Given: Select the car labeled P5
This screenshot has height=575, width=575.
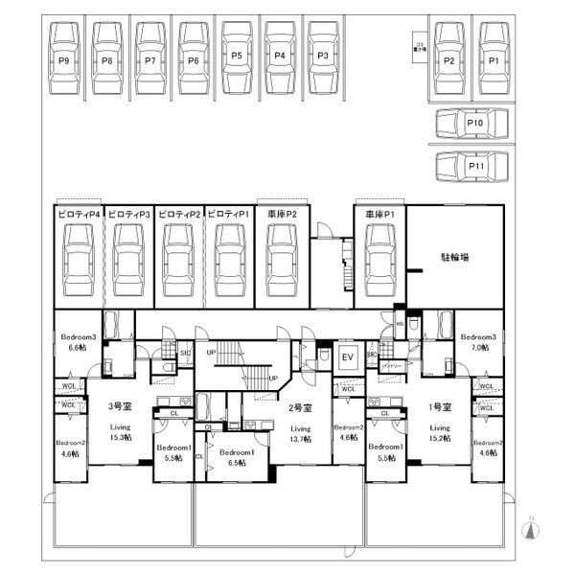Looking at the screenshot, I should tap(237, 57).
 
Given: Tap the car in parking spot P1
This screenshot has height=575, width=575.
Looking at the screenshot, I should tap(494, 59).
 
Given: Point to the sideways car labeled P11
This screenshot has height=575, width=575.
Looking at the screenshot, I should tap(471, 167).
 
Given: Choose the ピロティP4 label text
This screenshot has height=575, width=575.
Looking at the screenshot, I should tap(77, 214).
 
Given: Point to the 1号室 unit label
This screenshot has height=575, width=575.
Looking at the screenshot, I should tap(439, 406).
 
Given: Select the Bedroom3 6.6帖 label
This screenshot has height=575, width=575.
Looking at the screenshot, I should tap(78, 342).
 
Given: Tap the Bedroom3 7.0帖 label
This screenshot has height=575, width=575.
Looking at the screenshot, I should tap(476, 342).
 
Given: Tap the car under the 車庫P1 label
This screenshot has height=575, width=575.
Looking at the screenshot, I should tap(380, 256).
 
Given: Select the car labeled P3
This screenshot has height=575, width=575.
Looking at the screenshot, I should tap(324, 57).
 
